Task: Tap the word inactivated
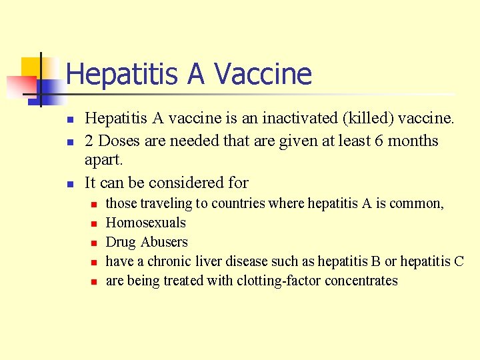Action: click(x=301, y=119)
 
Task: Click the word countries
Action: click(x=239, y=203)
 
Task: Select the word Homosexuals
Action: click(x=146, y=223)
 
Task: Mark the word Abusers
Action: click(x=165, y=242)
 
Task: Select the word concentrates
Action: click(x=361, y=281)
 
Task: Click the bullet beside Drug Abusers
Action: click(x=95, y=243)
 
